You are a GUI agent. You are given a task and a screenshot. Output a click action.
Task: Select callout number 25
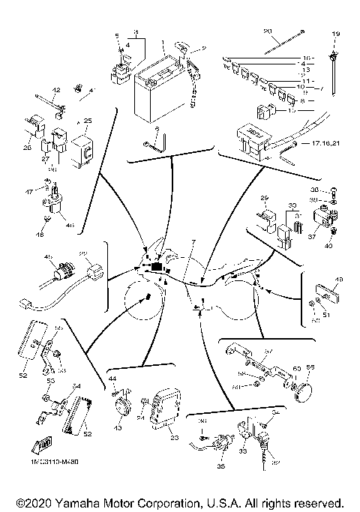coord(88,121)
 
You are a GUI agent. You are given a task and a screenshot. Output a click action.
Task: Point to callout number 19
coord(336,34)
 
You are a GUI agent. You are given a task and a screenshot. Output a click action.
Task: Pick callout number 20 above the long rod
coord(266,31)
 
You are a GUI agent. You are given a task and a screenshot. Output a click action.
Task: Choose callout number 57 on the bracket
coord(269,351)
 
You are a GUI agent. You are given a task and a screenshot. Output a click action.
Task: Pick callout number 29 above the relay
coord(264,199)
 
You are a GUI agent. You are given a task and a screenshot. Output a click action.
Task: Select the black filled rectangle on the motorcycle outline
coord(157,268)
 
